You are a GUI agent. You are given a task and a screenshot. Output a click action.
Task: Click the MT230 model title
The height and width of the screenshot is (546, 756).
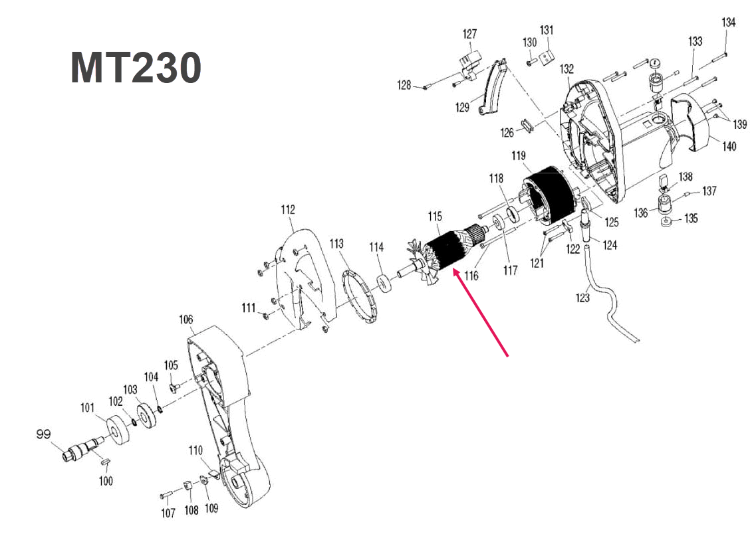coord(136,68)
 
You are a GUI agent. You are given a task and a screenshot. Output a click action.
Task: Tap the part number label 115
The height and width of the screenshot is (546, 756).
coord(435,217)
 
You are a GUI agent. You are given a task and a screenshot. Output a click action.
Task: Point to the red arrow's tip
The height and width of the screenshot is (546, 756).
coord(453,270)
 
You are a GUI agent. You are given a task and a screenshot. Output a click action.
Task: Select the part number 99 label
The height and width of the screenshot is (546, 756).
coord(43,434)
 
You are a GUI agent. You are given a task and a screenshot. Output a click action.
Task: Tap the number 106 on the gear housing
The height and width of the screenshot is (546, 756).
coord(186,320)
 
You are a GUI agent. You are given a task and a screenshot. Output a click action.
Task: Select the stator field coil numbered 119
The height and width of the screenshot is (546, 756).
coord(549,193)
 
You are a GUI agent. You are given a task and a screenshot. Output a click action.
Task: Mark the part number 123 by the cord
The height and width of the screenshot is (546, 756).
coord(582,298)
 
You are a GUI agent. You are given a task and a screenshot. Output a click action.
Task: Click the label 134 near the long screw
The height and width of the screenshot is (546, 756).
coord(729,23)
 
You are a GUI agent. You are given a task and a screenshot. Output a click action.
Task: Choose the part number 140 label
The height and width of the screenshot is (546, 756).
coord(729,147)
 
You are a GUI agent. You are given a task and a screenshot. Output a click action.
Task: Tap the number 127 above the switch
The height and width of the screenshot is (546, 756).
coord(470,34)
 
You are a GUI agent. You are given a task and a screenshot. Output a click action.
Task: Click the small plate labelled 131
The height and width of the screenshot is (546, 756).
coord(547,56)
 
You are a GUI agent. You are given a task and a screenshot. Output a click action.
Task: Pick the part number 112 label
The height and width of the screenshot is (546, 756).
coord(287,211)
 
